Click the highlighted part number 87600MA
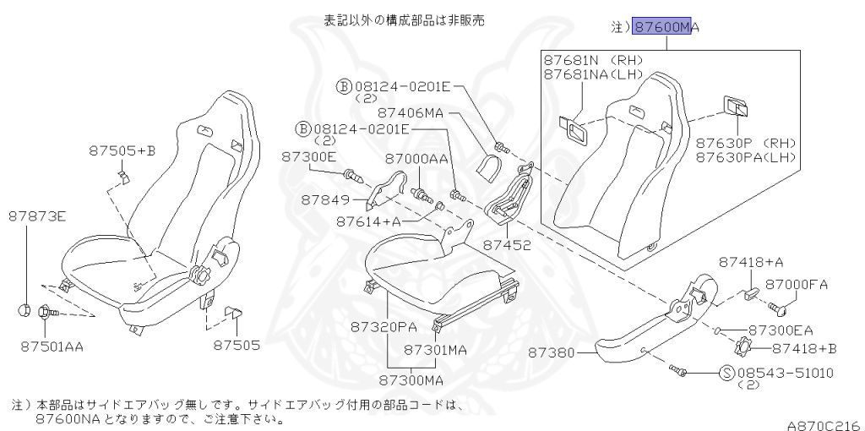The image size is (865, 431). tap(666, 28)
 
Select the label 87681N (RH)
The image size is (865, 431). tap(593, 61)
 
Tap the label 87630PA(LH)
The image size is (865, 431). tap(746, 157)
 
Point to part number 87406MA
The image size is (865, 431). tap(411, 112)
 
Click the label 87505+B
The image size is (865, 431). tap(122, 151)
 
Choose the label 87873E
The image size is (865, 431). tap(37, 216)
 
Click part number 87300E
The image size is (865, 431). tap(308, 157)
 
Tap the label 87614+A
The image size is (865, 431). tap(368, 221)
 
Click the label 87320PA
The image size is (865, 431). tap(385, 325)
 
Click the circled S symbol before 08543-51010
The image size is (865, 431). tap(726, 373)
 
